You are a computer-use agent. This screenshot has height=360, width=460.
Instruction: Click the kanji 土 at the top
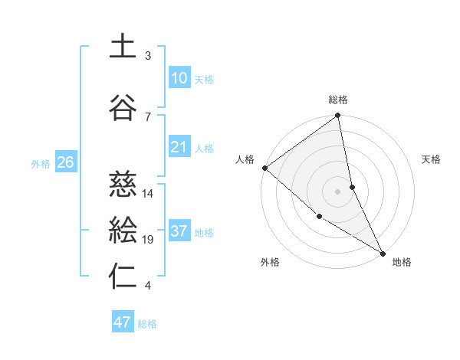click(123, 46)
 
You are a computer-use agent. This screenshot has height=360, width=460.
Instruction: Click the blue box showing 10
click(179, 78)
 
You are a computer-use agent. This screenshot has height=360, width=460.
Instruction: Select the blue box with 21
click(179, 148)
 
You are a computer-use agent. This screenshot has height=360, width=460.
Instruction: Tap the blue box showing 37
click(179, 231)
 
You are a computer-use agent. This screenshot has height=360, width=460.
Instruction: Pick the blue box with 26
click(66, 162)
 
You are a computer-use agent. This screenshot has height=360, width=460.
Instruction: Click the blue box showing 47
click(123, 322)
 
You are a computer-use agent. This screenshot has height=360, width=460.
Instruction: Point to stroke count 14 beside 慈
click(149, 193)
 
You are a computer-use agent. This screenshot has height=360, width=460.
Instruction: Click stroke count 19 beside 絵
click(149, 240)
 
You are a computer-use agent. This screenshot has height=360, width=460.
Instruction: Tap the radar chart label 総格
click(338, 100)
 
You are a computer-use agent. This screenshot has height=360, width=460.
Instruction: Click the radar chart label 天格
click(432, 159)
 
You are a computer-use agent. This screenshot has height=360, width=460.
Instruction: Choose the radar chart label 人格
click(245, 159)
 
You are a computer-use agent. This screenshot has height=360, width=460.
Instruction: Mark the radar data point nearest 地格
click(382, 252)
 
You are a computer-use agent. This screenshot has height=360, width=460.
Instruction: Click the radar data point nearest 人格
click(264, 168)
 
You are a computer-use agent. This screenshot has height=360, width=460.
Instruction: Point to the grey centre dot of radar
click(338, 191)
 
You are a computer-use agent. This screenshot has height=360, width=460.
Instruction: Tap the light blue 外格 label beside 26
click(41, 163)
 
